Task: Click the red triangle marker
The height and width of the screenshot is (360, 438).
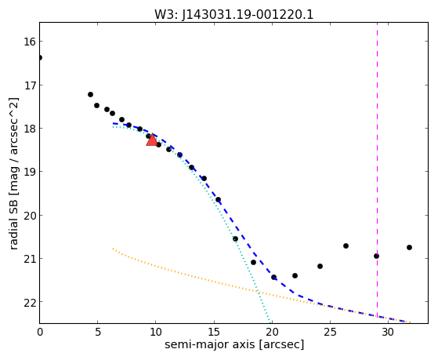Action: coord(152,140)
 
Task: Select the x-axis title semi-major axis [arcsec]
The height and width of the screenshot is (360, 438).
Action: coord(234,344)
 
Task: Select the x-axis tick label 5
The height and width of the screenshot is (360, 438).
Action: coord(97,333)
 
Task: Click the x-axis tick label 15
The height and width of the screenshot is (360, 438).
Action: coord(214,333)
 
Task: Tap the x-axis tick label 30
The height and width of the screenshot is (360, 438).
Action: coord(389,333)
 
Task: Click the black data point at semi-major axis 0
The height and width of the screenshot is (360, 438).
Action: coord(40,57)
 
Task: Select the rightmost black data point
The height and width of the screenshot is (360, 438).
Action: coord(409,247)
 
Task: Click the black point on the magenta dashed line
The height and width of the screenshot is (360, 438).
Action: coord(376,256)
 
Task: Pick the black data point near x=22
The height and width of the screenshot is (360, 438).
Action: coord(295,275)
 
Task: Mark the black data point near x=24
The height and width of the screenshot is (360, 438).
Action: coord(320,266)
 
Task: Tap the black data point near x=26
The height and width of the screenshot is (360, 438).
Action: coord(346,245)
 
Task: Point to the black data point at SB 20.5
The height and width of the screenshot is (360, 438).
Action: coord(235,238)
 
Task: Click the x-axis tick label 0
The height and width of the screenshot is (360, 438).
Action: coord(40,333)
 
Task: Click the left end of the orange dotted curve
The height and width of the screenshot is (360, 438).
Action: coord(113,248)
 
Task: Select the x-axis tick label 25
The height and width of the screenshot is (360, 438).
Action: coord(330,333)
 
